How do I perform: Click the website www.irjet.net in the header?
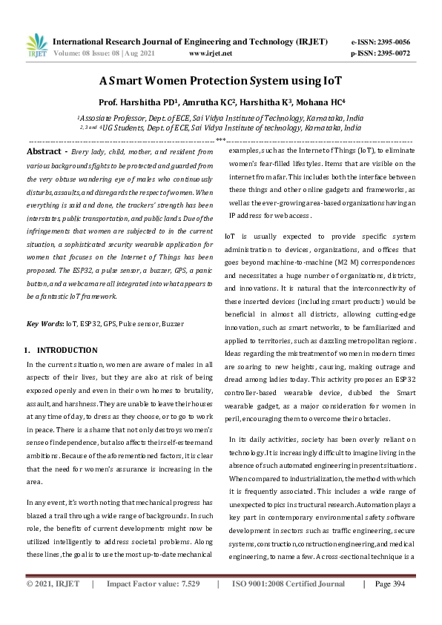pos(211,53)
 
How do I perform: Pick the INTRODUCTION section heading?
pos(67,350)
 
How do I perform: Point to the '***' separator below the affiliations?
pos(220,139)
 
